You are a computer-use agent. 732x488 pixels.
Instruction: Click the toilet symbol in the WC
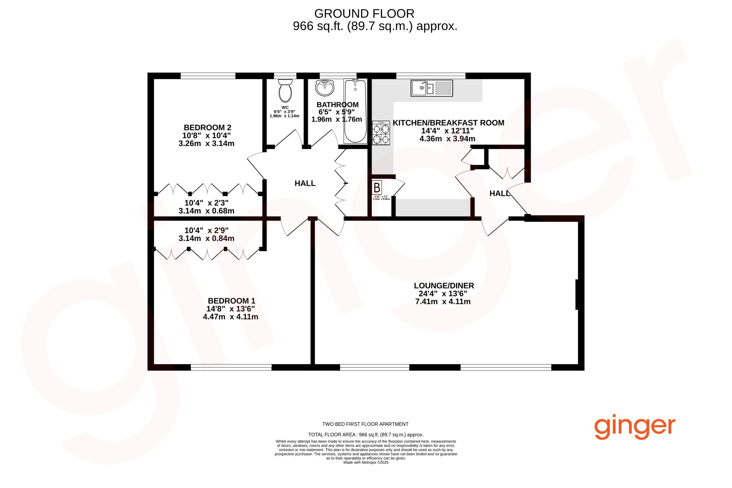point(285,91)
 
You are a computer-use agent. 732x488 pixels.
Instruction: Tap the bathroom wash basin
point(325,88)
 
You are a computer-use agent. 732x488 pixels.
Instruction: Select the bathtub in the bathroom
point(355,111)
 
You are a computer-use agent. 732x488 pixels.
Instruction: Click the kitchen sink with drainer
point(432,88)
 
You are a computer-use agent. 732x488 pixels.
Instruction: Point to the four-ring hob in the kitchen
point(381,133)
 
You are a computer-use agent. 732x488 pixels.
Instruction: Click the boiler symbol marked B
point(377,188)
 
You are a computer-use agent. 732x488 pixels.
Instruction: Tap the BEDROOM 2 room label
point(208,128)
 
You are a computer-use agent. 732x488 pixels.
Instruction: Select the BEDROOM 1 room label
point(232,301)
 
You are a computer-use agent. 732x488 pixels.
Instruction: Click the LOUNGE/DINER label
point(444,286)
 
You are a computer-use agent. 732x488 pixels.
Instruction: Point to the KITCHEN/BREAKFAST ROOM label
point(448,123)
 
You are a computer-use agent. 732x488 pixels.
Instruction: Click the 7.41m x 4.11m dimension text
point(443,302)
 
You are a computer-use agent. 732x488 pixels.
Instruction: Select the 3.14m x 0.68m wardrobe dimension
point(206,211)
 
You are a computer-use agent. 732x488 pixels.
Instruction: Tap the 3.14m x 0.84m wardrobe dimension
point(206,238)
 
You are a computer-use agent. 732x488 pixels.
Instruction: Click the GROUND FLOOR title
point(365,14)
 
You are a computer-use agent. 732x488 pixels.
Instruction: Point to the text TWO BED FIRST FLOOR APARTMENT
point(365,424)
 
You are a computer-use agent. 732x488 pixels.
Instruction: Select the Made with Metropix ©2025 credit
point(366,463)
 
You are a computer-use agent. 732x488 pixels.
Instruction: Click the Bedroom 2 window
point(208,76)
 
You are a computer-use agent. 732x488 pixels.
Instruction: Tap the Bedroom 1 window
point(231,368)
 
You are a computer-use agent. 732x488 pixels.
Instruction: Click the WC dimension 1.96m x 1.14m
point(285,116)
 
